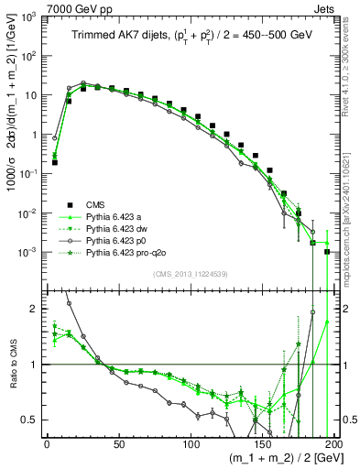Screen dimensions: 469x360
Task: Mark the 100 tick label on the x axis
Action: [x=191, y=444]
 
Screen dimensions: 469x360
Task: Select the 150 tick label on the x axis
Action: [x=262, y=444]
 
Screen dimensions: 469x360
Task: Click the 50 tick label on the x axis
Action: [x=118, y=444]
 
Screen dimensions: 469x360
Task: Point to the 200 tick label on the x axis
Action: [x=332, y=444]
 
